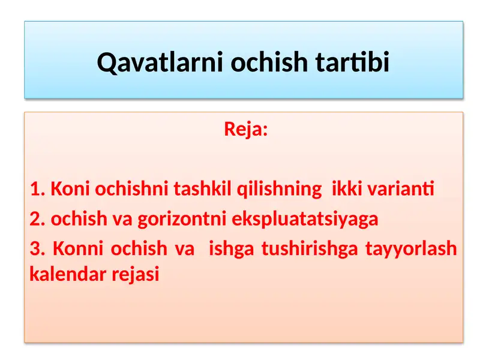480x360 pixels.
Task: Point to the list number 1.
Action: (x=37, y=190)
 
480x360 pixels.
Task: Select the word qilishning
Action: (x=280, y=190)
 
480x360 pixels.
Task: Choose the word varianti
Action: (x=400, y=190)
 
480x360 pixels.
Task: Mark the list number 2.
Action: (x=37, y=219)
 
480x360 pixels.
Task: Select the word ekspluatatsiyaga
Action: (x=305, y=219)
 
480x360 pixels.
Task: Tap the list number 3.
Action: (x=37, y=248)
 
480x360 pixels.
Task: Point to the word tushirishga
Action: (x=309, y=248)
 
